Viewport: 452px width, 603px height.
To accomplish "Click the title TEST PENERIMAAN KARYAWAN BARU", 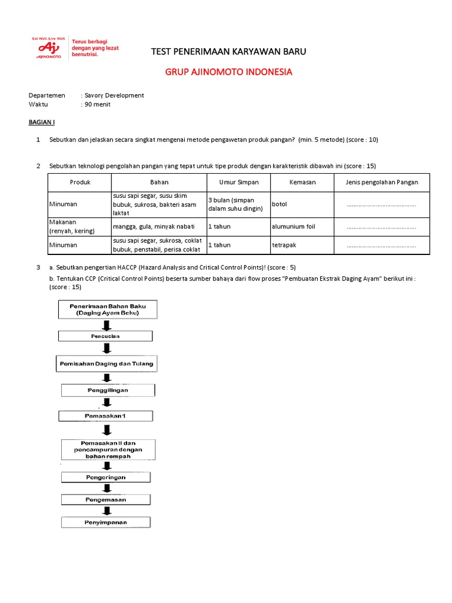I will click(x=228, y=52).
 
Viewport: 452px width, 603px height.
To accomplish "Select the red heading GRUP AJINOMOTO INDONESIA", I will click(x=228, y=72).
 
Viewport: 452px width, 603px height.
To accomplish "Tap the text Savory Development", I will click(x=114, y=95).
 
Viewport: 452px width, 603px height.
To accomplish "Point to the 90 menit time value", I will click(x=97, y=104).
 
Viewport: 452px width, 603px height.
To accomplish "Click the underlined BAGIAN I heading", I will click(x=42, y=122).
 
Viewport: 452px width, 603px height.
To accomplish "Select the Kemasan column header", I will click(x=303, y=182).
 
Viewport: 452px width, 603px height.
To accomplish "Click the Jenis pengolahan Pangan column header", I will click(x=382, y=182).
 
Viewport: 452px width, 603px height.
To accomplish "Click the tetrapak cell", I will click(x=285, y=245).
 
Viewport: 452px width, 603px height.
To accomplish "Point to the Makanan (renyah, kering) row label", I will click(x=72, y=226).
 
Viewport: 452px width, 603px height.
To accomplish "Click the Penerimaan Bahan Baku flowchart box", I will click(x=107, y=310).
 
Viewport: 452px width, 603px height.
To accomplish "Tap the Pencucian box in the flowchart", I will click(x=105, y=336).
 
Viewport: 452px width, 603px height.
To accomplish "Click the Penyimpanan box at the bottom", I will click(x=107, y=522).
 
